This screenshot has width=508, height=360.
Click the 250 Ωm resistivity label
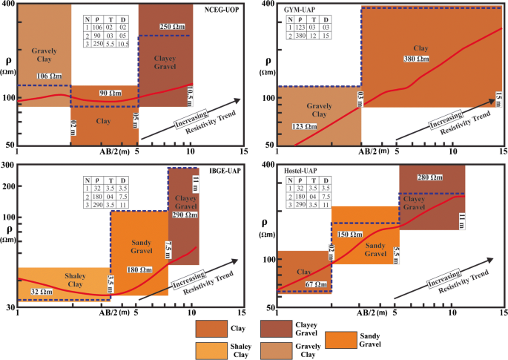click(175, 26)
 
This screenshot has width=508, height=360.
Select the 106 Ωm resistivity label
click(50, 76)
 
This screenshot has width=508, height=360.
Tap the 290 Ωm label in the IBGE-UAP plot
click(185, 214)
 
